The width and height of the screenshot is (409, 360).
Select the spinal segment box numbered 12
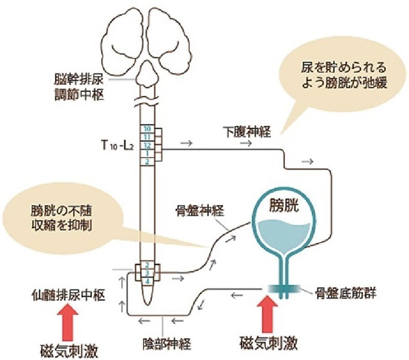pyautogui.click(x=148, y=145)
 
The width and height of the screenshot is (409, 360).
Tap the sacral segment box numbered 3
pyautogui.click(x=148, y=273)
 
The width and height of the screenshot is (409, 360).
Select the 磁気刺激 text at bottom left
pyautogui.click(x=69, y=347)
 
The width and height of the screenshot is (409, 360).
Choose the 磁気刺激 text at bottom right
pyautogui.click(x=270, y=344)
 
